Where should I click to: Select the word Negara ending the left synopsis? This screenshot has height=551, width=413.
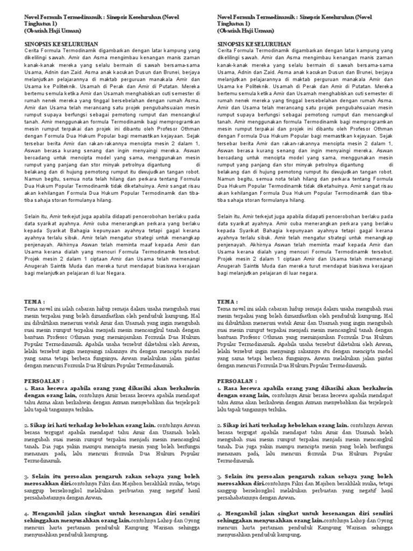pos(115,273)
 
